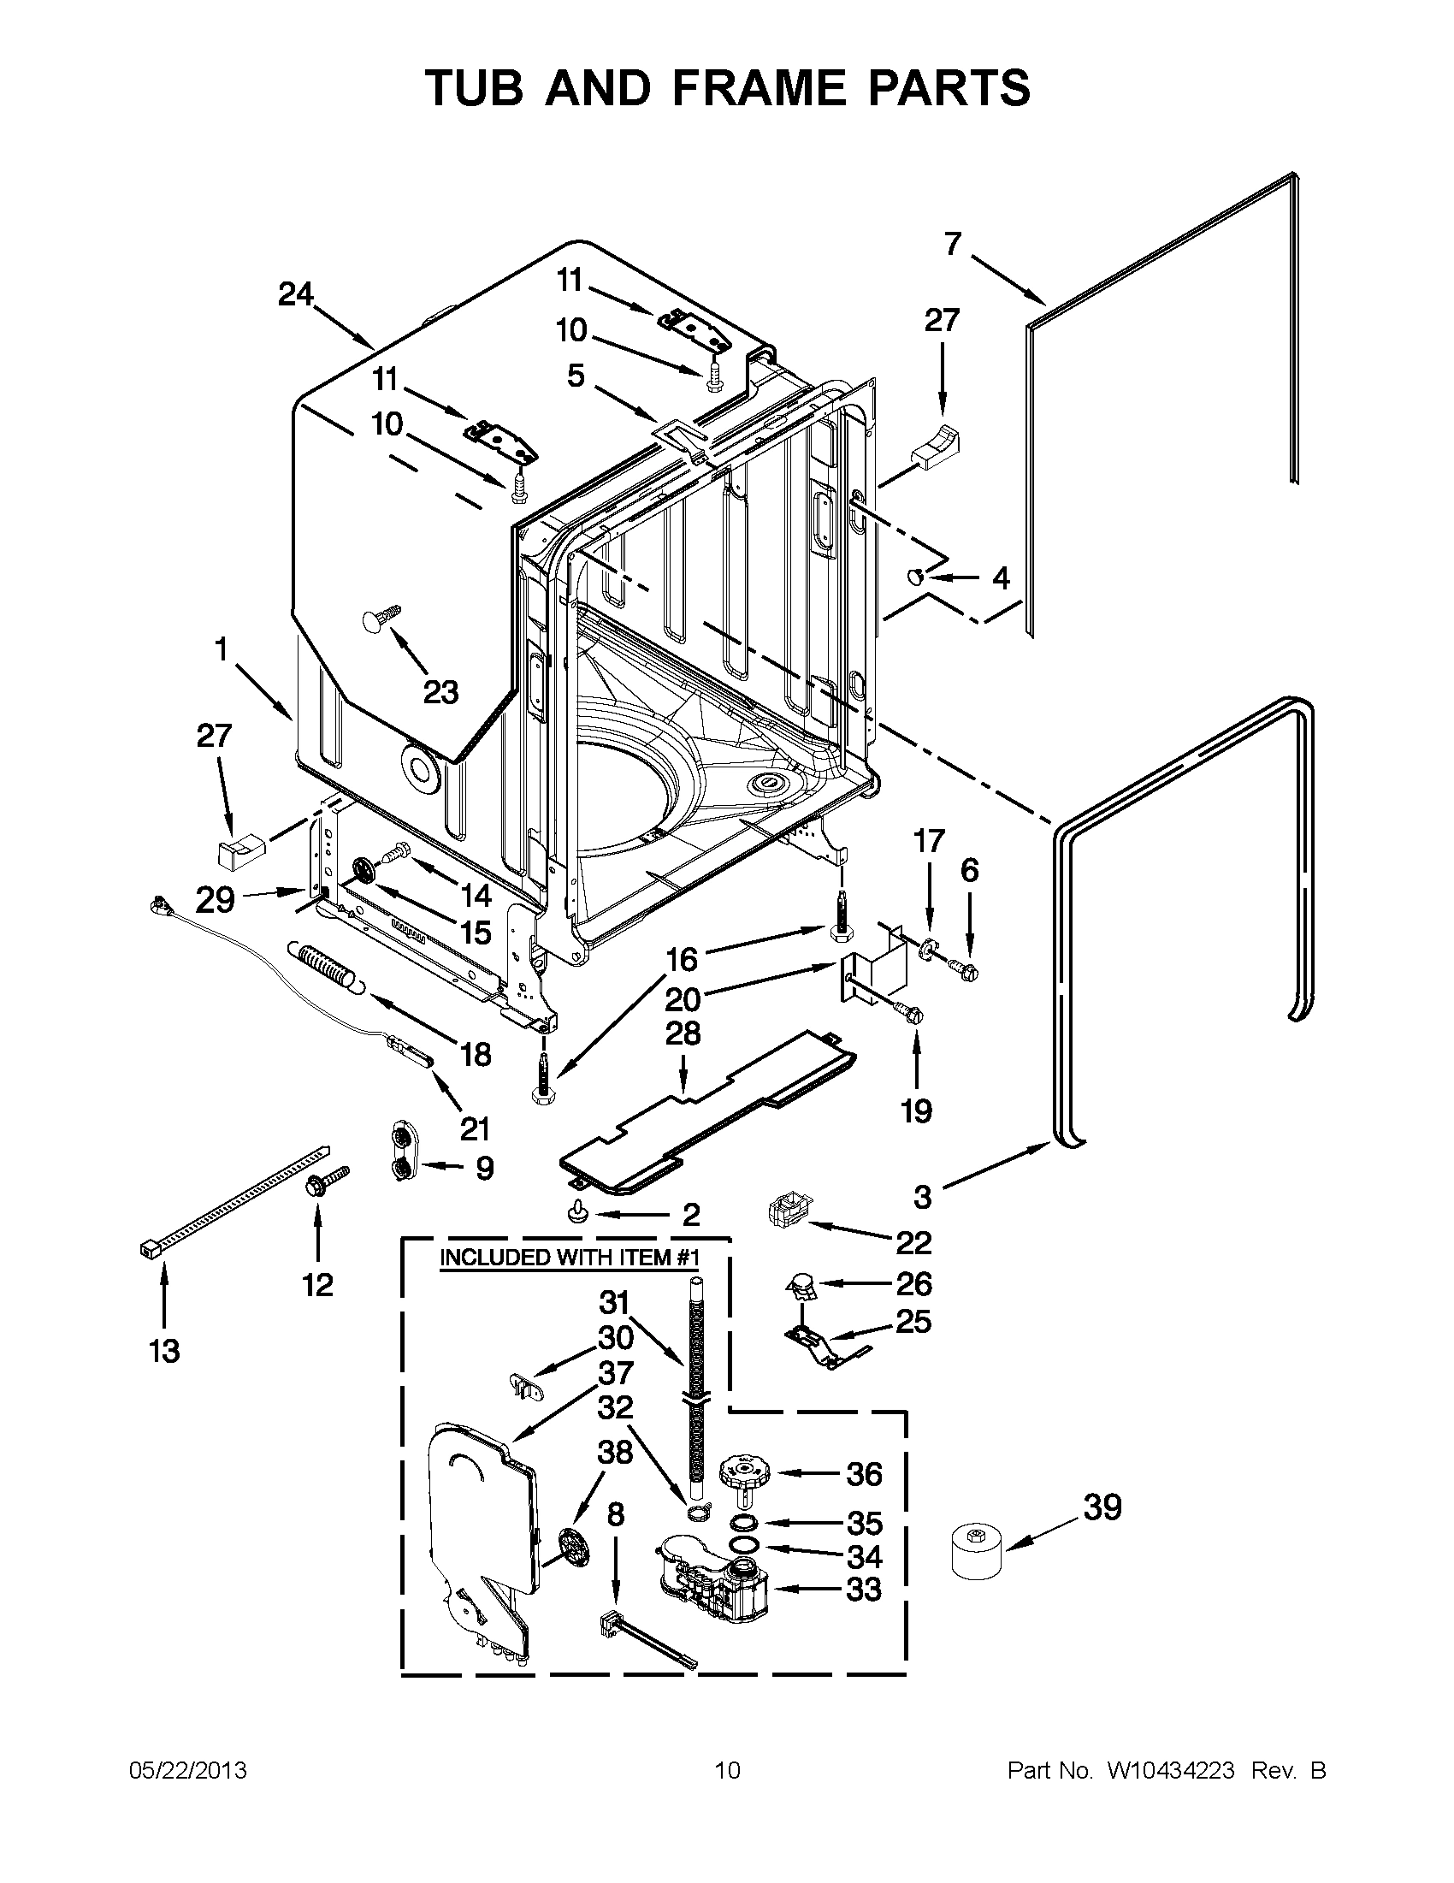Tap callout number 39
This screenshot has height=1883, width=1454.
click(x=1102, y=1508)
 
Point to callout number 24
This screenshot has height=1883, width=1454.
click(x=296, y=295)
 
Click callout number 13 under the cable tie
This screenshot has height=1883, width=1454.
click(x=163, y=1350)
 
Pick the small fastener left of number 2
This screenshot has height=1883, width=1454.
click(x=576, y=1214)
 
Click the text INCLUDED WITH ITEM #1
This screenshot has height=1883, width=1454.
click(x=568, y=1257)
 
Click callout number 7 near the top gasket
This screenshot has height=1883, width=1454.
click(x=952, y=245)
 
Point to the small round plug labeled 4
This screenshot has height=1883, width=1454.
click(x=916, y=576)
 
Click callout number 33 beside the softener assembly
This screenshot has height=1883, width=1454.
click(x=863, y=1588)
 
